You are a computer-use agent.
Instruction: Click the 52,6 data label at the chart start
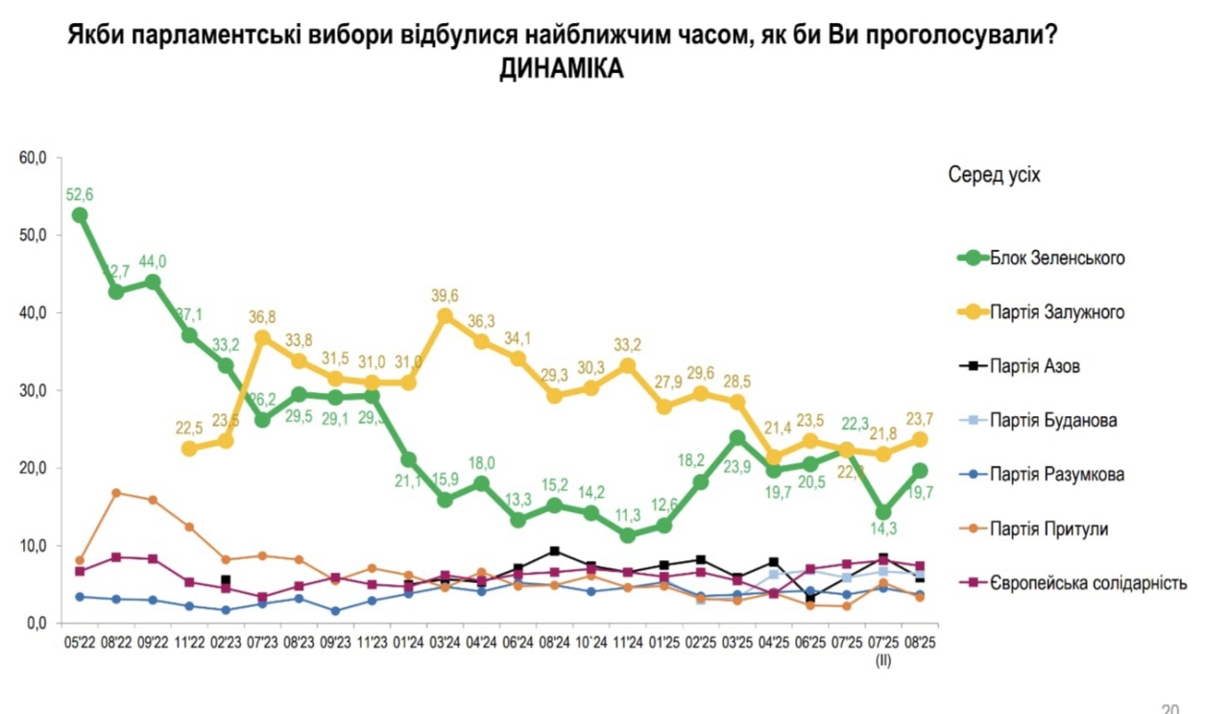tap(80, 195)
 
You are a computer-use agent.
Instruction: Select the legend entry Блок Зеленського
tap(1042, 258)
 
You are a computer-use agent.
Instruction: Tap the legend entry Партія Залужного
tap(1042, 311)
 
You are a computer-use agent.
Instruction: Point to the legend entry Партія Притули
tap(1036, 528)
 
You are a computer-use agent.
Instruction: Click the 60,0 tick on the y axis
tap(34, 158)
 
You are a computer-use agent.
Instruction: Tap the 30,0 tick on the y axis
tap(34, 390)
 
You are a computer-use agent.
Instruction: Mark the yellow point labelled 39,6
tap(445, 316)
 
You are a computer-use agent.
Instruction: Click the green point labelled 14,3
tap(882, 512)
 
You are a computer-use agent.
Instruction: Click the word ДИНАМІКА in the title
tap(562, 70)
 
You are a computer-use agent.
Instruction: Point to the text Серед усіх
tap(994, 175)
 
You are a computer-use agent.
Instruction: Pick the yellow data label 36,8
tap(262, 316)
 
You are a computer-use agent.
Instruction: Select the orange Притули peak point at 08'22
tap(116, 493)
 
